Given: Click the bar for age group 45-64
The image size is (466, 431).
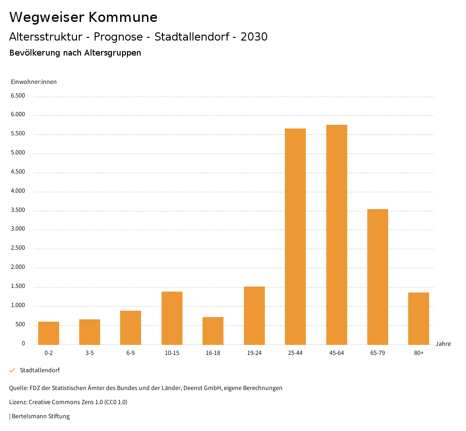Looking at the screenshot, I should [336, 235].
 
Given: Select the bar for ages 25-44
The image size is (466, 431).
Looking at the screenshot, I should [295, 236].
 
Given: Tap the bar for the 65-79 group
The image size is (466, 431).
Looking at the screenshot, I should [377, 277].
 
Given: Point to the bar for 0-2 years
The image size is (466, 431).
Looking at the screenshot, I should [49, 333].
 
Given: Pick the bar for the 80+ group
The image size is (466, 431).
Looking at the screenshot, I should [419, 318].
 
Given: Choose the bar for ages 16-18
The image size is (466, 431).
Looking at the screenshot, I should [213, 331].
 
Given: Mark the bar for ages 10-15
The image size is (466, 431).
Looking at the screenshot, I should [172, 318].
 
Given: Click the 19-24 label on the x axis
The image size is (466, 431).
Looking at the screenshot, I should [254, 353].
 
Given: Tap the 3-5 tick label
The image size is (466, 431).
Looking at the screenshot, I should [90, 353].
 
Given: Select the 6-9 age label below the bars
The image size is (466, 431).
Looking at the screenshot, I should [131, 353].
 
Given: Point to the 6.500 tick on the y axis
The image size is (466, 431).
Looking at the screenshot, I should [17, 96].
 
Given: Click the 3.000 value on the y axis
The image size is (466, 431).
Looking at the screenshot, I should [17, 229].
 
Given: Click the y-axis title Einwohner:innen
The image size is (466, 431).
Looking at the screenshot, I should [34, 82].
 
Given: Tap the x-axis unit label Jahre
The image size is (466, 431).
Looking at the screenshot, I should [443, 344].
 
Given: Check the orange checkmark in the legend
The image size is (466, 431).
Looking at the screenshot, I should [12, 370].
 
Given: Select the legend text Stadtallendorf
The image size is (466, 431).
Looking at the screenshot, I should [40, 370].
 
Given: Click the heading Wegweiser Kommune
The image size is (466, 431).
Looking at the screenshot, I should [83, 17].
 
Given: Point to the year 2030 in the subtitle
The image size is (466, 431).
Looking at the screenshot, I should [253, 37].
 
